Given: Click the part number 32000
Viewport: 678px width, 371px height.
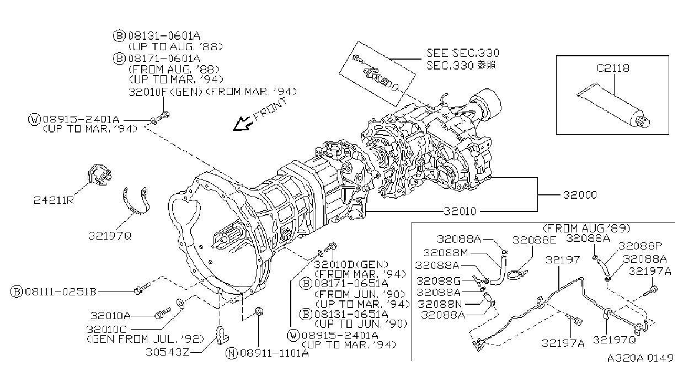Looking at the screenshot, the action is click(x=580, y=195).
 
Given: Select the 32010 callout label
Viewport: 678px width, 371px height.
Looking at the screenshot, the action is click(x=460, y=211).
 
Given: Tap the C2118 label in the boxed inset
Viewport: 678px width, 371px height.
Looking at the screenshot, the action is click(x=612, y=68).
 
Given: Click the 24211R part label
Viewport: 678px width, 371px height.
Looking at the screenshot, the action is click(x=54, y=200).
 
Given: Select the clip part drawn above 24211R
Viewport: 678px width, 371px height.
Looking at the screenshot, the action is click(x=100, y=175).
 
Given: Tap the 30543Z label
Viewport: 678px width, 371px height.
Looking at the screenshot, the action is click(x=167, y=352).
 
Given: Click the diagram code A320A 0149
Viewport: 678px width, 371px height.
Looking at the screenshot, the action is click(x=640, y=358).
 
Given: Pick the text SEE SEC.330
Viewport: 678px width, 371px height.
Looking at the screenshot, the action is click(x=462, y=53).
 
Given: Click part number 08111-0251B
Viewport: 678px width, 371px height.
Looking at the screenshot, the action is click(x=61, y=291).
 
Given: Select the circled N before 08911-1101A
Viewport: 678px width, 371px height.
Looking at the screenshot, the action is click(x=232, y=353).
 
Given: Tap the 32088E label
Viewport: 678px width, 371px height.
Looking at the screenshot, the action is click(x=534, y=240).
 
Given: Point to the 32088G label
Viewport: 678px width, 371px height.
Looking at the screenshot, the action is click(x=438, y=281).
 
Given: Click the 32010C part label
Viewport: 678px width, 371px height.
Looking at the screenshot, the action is click(x=106, y=329).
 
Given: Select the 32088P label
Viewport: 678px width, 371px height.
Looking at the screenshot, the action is click(x=640, y=246).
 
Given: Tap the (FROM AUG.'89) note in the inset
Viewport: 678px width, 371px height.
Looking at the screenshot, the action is click(x=586, y=228).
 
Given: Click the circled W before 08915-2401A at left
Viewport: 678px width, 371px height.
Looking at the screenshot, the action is click(x=34, y=119).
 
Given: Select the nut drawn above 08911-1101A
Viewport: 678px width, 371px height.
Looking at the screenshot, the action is click(x=258, y=311).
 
